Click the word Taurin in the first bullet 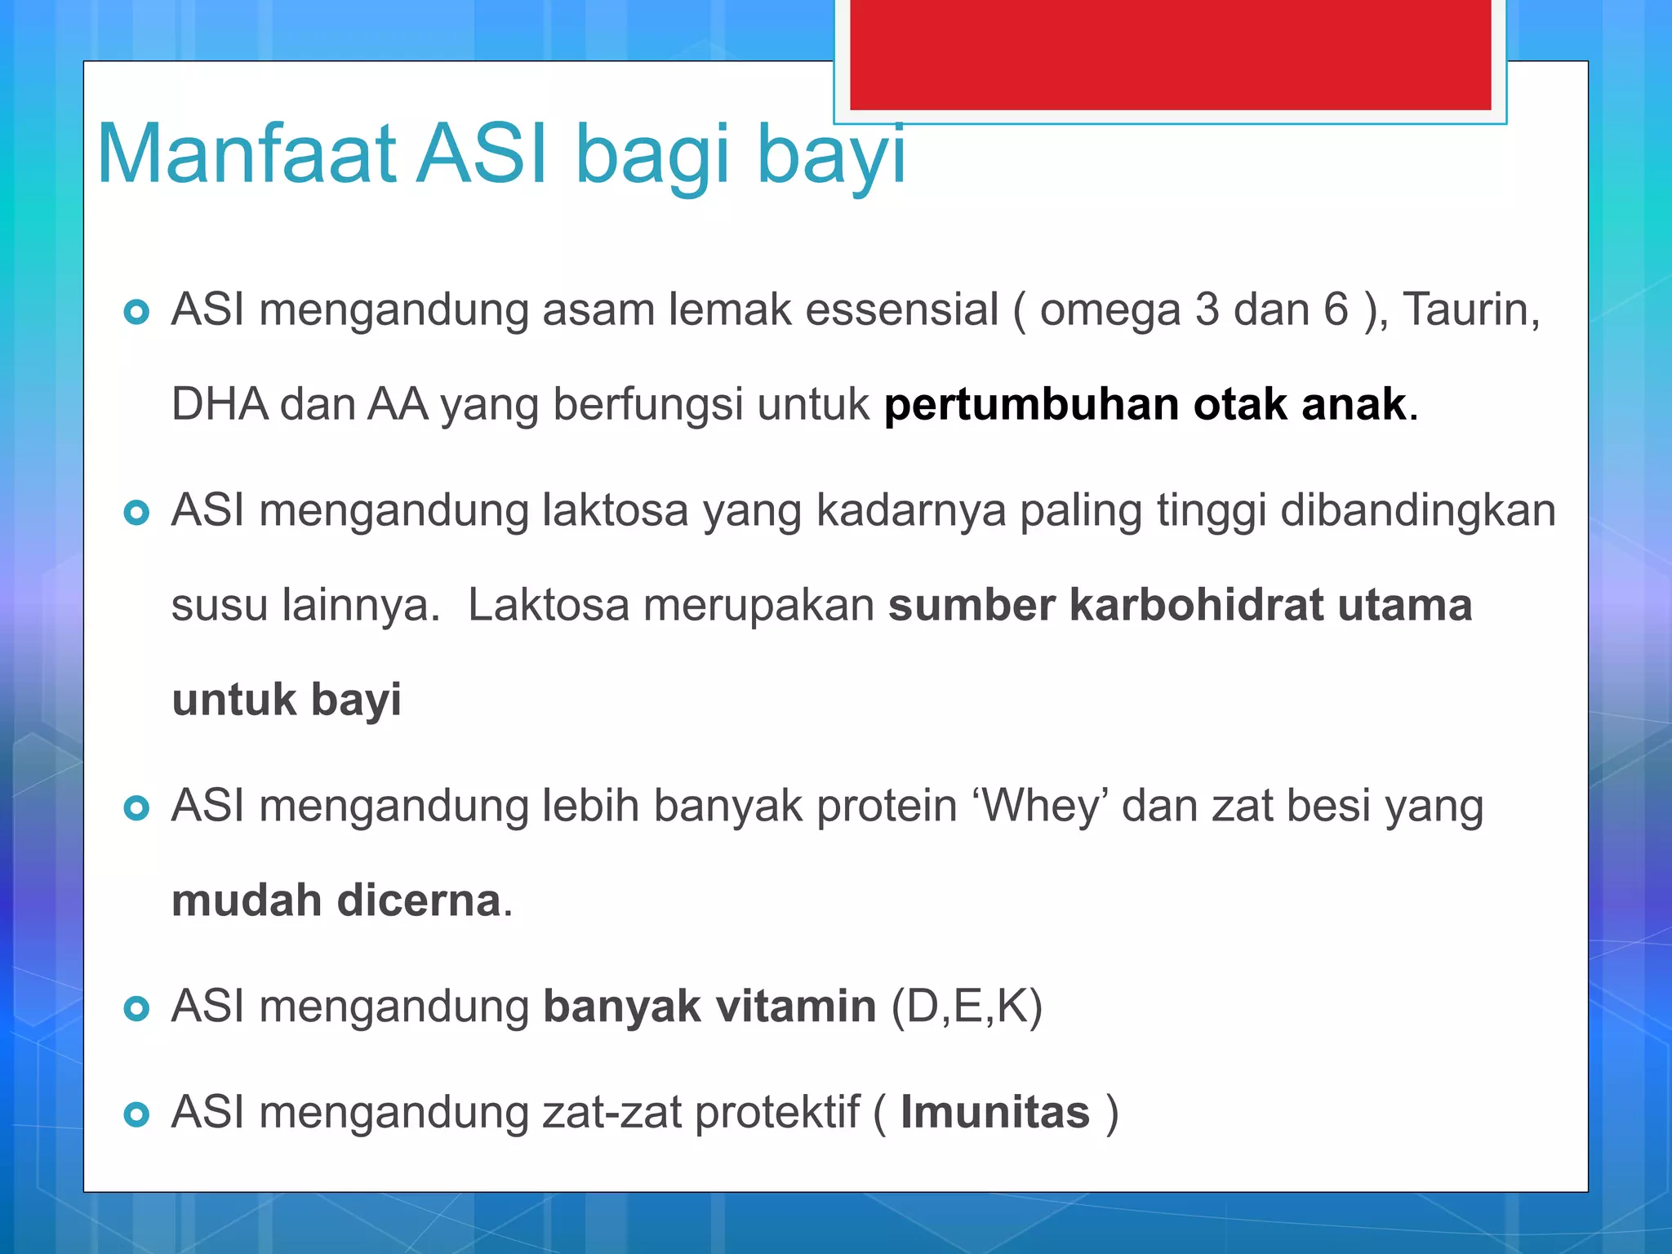1470,310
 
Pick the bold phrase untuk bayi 287,700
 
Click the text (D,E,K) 967,1007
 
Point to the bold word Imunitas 995,1113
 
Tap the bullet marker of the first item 136,312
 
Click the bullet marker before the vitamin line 136,1009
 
